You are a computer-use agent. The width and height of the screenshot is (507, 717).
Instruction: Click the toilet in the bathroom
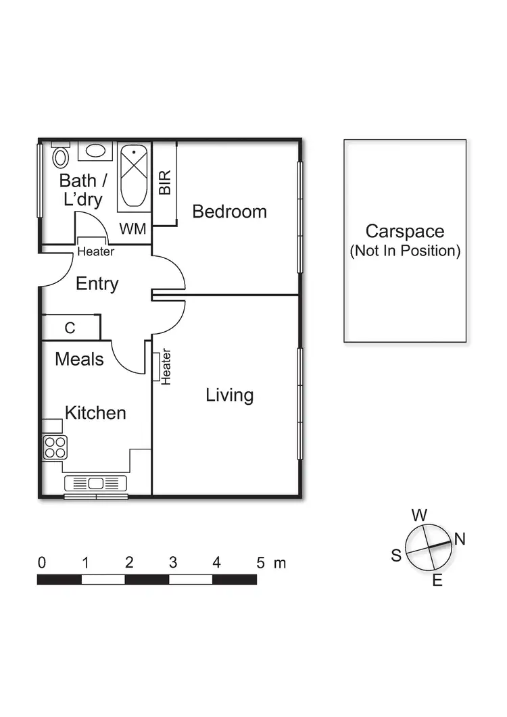coord(61,156)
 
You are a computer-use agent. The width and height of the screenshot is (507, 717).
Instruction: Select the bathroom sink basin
coord(95,151)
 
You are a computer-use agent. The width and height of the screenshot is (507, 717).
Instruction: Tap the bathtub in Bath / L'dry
coord(133,175)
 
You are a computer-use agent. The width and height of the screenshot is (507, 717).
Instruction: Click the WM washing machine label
coord(133,229)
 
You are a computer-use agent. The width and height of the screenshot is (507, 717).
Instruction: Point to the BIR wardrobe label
coord(165,183)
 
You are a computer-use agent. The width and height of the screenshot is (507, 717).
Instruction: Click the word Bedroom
coord(229,212)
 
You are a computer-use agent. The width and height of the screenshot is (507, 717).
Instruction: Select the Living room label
coord(229,395)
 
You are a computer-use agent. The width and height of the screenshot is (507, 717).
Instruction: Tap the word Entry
coord(97,284)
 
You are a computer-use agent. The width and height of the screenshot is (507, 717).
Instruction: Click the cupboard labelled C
coord(70,328)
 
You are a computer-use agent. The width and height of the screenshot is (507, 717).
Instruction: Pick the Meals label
coord(79,359)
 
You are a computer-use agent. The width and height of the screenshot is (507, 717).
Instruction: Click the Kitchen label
coord(95,413)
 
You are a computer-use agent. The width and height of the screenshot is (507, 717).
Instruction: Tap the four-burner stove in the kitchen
coord(55,447)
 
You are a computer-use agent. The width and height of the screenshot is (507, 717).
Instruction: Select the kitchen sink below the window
coord(95,483)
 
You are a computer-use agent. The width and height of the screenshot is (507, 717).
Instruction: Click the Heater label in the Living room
coord(166,367)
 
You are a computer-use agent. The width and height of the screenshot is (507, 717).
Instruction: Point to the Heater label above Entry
coord(95,251)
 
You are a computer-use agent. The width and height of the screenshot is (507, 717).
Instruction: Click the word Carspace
coord(405,231)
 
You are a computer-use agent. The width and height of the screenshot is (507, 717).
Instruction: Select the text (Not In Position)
coord(405,251)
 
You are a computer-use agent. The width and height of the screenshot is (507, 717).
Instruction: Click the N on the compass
coord(460,539)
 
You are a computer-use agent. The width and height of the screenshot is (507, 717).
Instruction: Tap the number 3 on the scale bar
coord(173,562)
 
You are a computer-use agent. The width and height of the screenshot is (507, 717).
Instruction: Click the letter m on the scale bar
coord(280,562)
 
